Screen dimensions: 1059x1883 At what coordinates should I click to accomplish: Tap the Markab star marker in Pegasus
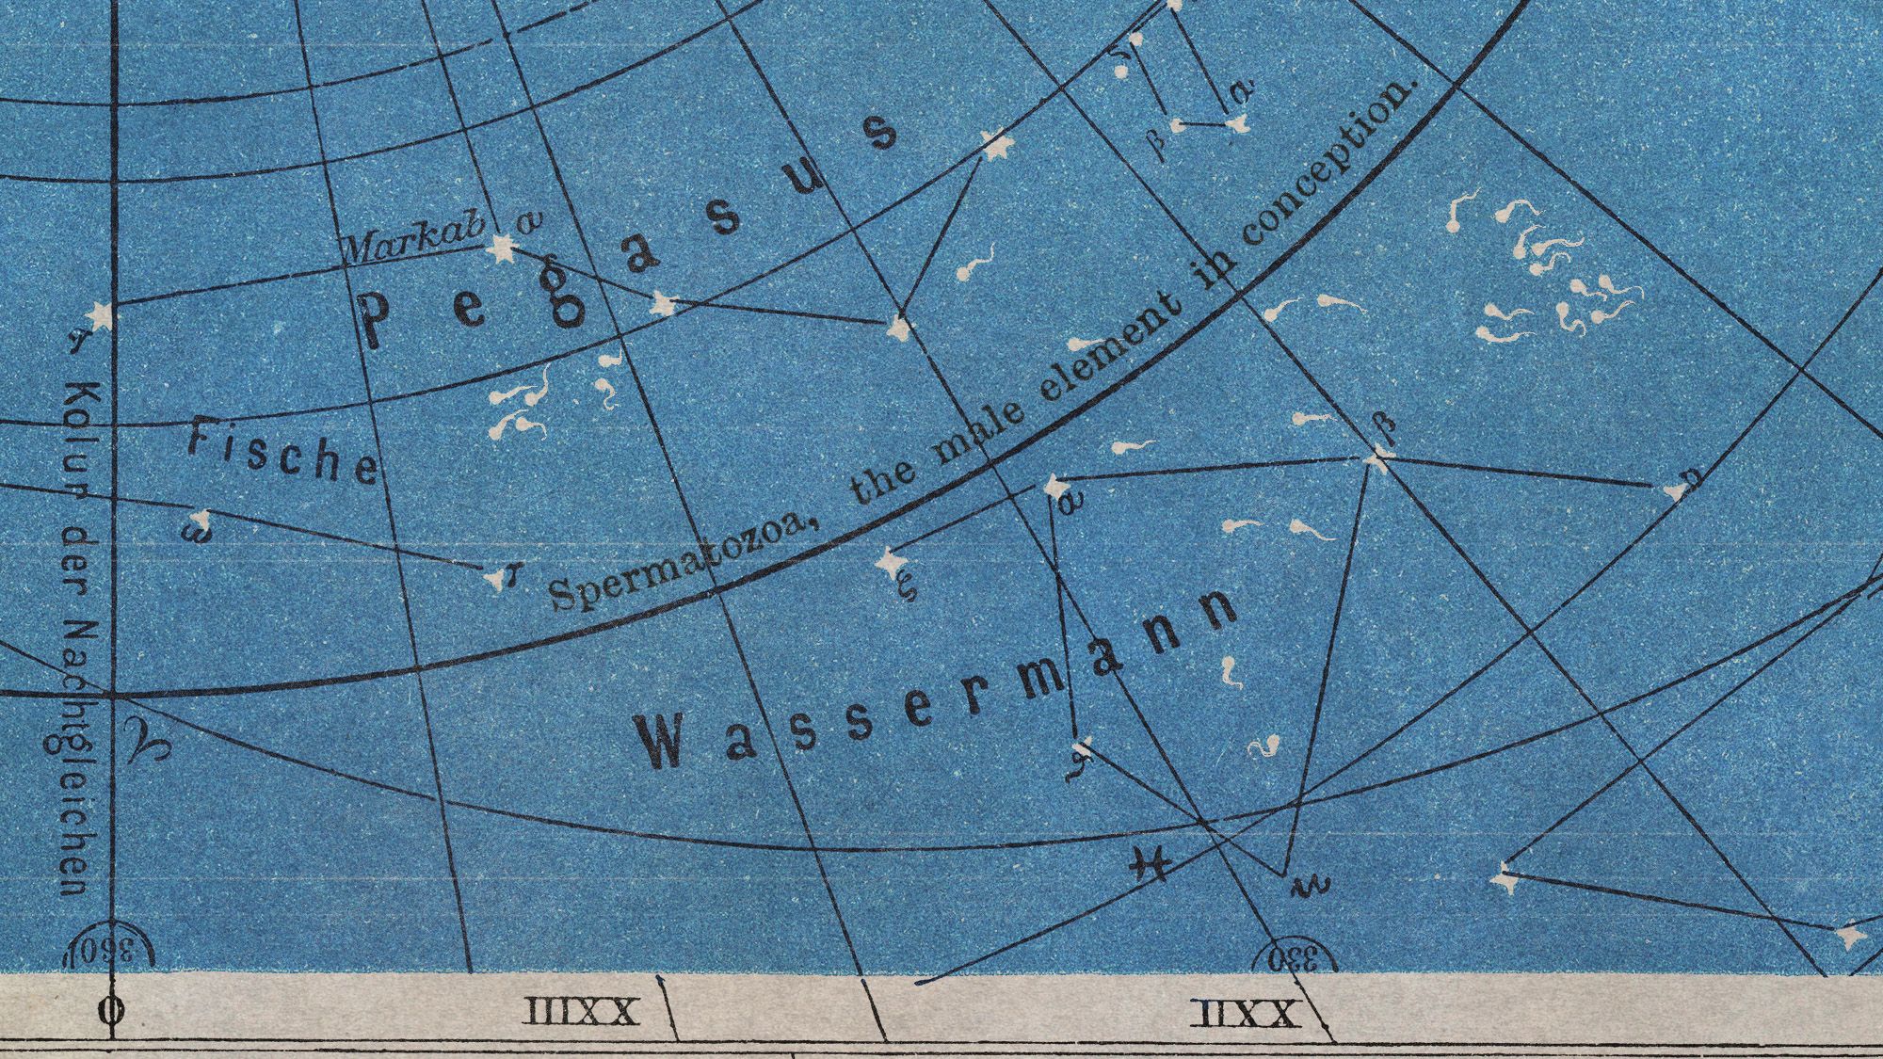(x=502, y=249)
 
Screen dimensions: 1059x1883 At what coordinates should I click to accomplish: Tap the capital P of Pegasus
(x=375, y=318)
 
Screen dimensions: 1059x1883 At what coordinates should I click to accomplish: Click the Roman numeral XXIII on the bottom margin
(x=580, y=1013)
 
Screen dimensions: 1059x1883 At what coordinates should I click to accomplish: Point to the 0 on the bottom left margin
(x=110, y=1013)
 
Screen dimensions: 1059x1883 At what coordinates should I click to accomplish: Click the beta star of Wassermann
(x=1377, y=458)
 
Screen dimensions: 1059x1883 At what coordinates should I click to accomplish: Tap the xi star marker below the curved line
(x=887, y=562)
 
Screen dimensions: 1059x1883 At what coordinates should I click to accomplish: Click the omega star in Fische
(x=200, y=520)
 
